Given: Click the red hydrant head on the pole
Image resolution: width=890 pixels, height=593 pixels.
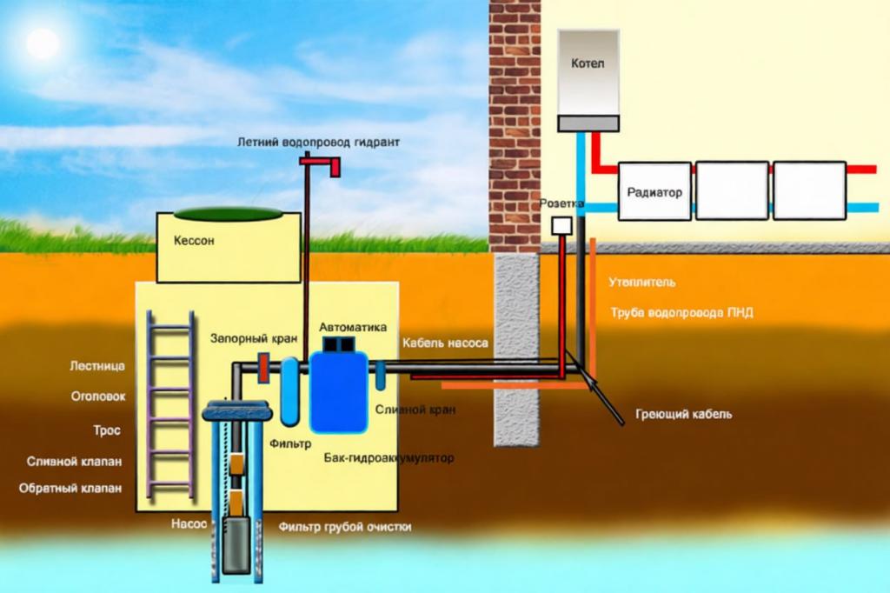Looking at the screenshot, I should tap(322, 163).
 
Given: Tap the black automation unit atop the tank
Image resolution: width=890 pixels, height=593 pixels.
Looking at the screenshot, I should tap(338, 345).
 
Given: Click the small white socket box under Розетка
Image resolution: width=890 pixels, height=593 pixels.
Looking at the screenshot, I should tap(561, 224).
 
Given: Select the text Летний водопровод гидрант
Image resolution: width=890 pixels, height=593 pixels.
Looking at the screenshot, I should tap(319, 141).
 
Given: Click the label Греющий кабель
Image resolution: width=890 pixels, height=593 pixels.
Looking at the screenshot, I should tap(684, 414).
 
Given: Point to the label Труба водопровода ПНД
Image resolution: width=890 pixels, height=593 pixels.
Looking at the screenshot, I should tap(681, 312).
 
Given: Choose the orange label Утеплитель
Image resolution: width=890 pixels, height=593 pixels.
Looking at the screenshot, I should tap(642, 283).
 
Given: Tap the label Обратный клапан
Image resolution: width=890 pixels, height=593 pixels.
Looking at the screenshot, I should tap(70, 488).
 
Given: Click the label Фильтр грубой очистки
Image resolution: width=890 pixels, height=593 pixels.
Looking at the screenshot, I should tap(345, 527).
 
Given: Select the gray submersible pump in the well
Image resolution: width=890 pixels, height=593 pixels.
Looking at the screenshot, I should tap(236, 544).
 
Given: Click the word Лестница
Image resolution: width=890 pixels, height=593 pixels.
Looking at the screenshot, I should tap(97, 366).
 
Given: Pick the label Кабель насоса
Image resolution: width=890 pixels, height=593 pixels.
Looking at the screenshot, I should tap(445, 343).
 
